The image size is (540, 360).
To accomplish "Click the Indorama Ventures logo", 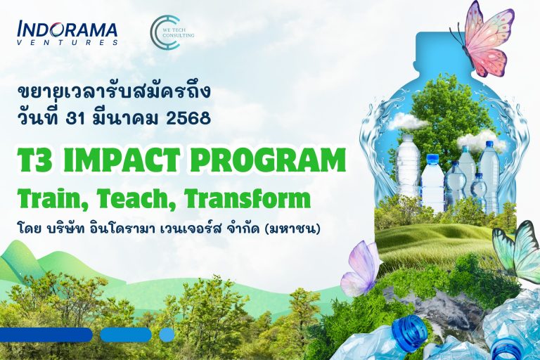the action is pyautogui.click(x=67, y=33).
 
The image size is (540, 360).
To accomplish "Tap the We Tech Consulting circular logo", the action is pyautogui.click(x=165, y=32).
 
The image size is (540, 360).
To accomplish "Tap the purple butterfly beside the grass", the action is pyautogui.click(x=361, y=269).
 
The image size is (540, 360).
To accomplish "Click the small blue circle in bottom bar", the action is pyautogui.click(x=167, y=335).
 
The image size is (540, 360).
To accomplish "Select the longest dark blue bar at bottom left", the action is pyautogui.click(x=46, y=335).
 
